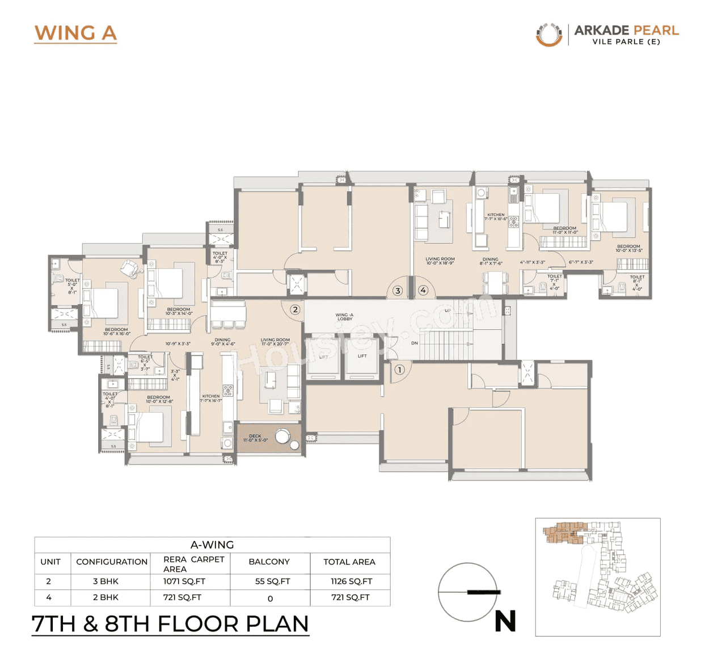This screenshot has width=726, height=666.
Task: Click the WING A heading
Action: pyautogui.click(x=75, y=33)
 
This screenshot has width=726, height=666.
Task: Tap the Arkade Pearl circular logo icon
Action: pyautogui.click(x=548, y=34)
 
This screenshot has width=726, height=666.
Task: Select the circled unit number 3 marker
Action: pyautogui.click(x=398, y=291)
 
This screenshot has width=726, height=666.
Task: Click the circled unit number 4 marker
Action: pyautogui.click(x=423, y=290)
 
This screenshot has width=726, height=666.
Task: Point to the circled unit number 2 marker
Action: pyautogui.click(x=295, y=309)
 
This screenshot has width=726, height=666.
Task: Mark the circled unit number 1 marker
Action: pyautogui.click(x=399, y=370)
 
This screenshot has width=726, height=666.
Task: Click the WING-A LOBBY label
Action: pyautogui.click(x=344, y=317)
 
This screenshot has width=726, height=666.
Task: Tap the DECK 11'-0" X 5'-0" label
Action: pyautogui.click(x=255, y=438)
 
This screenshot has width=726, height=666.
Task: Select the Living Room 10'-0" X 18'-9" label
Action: pyautogui.click(x=440, y=261)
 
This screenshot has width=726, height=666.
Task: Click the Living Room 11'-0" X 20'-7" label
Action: pyautogui.click(x=275, y=342)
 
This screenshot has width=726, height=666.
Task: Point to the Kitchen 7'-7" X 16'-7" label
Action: pyautogui.click(x=211, y=399)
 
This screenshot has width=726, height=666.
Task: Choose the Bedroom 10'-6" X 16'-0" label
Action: pyautogui.click(x=116, y=332)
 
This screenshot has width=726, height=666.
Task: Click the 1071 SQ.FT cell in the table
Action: pyautogui.click(x=184, y=581)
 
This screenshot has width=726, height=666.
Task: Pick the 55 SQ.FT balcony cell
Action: pyautogui.click(x=272, y=581)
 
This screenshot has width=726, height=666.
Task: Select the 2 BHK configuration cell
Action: pyautogui.click(x=105, y=597)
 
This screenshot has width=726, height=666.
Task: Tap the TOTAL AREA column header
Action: pyautogui.click(x=349, y=562)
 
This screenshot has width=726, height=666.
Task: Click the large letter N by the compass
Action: pyautogui.click(x=505, y=621)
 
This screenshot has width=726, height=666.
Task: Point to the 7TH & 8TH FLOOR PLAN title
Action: pyautogui.click(x=170, y=623)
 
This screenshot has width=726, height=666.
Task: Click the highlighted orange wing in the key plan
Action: pyautogui.click(x=563, y=533)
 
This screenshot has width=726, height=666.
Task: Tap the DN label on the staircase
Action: pyautogui.click(x=415, y=343)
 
